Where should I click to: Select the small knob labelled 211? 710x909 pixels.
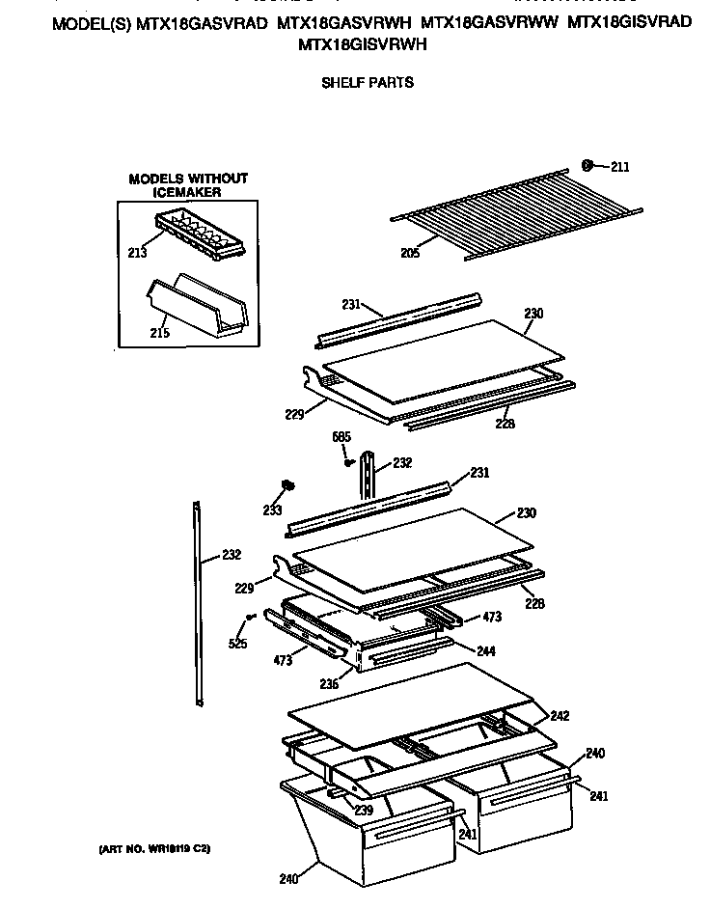(587, 165)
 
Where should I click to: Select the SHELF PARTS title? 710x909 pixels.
(367, 83)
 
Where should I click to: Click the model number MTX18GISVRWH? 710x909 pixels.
(363, 44)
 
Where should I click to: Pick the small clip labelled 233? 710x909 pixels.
(287, 484)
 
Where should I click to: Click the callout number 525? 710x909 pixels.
(238, 644)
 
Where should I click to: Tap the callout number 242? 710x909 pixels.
(560, 716)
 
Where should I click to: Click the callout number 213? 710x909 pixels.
(137, 253)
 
